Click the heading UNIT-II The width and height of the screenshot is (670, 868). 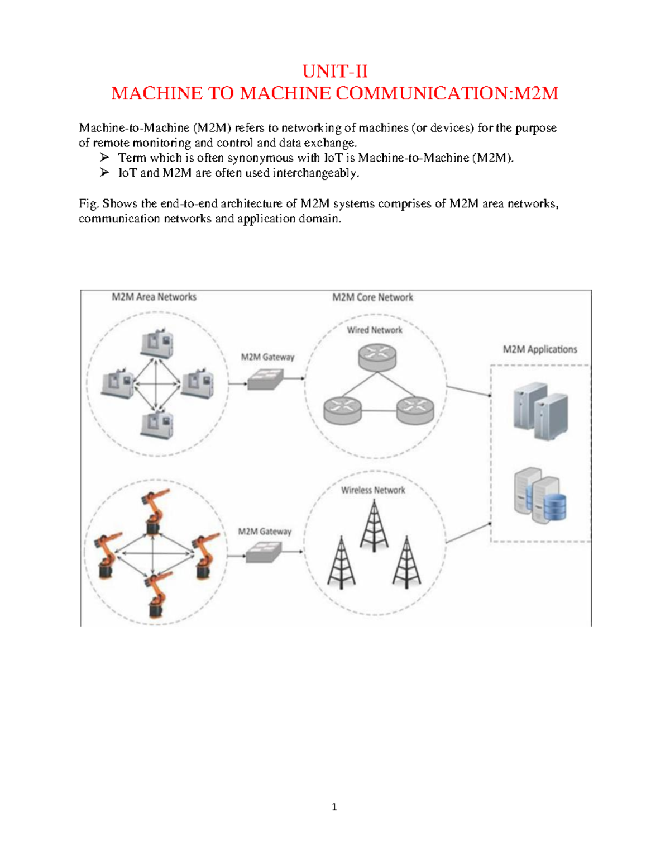point(335,72)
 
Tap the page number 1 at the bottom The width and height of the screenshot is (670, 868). point(334,807)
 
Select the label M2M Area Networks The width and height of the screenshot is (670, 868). point(154,297)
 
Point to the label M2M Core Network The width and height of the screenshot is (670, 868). point(372,297)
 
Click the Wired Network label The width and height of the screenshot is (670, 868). point(375,330)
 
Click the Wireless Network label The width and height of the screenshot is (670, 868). point(373,490)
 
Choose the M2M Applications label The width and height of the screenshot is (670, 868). point(540,349)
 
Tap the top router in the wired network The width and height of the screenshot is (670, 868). point(377,357)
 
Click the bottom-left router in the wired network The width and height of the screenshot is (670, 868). point(342,410)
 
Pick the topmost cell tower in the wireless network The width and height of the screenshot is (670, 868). point(374,525)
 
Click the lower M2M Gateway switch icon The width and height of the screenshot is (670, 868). point(264,553)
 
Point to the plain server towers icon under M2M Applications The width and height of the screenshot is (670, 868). point(540,411)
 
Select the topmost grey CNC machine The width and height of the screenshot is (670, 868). point(157,344)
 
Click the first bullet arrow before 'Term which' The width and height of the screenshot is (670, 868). point(104,158)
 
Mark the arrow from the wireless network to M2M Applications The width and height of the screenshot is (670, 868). point(468,533)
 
